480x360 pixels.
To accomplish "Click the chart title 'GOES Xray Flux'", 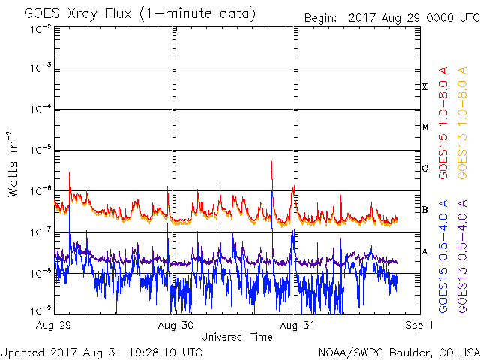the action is (78, 14).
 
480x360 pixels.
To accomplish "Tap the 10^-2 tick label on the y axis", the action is (40, 30).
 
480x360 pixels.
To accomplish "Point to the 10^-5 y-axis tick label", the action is (40, 150).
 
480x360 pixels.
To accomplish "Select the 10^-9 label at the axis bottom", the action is (40, 311).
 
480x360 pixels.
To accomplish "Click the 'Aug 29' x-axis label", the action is (53, 325).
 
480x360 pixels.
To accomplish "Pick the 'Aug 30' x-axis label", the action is (175, 325).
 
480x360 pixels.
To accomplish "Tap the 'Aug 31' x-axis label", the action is (297, 325).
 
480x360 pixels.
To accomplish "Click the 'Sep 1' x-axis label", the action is (419, 325).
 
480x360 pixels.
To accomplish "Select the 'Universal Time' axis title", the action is (237, 337).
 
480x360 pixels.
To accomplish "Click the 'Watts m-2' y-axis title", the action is (12, 164).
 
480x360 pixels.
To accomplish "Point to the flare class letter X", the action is (424, 87).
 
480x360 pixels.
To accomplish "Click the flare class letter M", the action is (425, 127).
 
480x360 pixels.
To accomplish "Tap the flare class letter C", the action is (424, 168).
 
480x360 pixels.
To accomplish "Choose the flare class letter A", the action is (424, 251).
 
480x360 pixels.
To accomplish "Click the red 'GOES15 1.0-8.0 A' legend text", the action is (443, 122).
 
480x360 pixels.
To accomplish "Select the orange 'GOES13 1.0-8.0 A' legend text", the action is (462, 122).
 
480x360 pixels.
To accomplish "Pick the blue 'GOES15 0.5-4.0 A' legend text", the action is (443, 256).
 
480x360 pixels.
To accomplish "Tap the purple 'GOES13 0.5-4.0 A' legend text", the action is (462, 256).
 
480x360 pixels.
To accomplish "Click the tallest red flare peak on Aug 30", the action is (271, 162).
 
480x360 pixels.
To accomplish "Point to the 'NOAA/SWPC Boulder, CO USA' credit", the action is (399, 353).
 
